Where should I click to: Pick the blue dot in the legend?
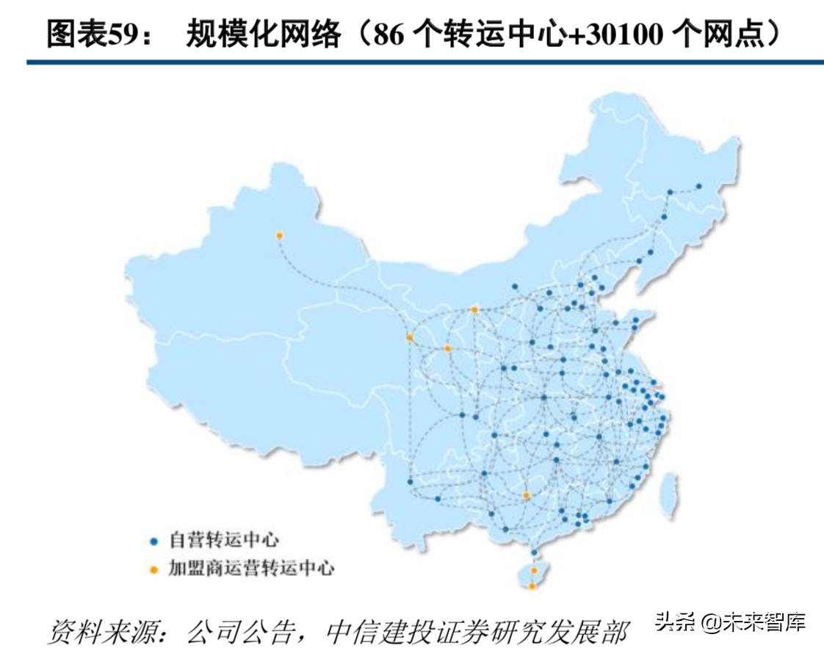coord(154,542)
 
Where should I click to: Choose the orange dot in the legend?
coord(154,569)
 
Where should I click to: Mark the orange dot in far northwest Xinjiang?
coord(279,235)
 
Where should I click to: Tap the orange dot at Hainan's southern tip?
coord(532,586)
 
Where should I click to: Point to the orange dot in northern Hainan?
coord(534,570)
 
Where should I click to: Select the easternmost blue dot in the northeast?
coord(698,186)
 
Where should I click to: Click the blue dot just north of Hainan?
coord(534,552)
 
